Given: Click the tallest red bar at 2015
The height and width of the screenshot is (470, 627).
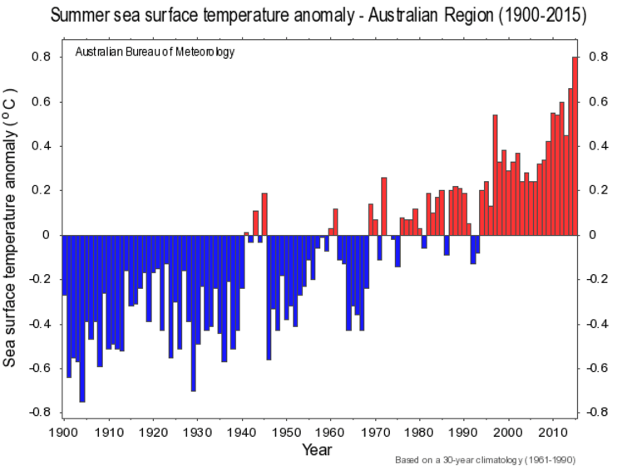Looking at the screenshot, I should (x=575, y=146).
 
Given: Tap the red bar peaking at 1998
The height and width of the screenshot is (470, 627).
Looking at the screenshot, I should (x=495, y=174).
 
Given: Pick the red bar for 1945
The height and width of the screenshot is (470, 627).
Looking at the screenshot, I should (x=264, y=214).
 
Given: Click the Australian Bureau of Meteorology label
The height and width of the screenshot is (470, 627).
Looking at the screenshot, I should (x=155, y=51).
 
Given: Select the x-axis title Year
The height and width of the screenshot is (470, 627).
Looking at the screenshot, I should (x=317, y=449).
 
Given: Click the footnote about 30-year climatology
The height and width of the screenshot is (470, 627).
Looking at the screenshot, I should (x=486, y=459).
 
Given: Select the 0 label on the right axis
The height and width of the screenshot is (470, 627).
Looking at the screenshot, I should (x=593, y=235).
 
